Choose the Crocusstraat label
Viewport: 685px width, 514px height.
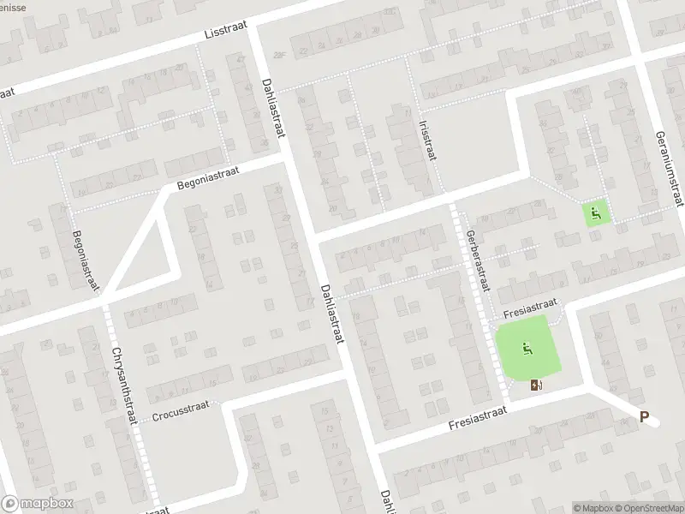(x=182, y=415)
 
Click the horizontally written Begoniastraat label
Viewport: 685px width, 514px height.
(x=206, y=177)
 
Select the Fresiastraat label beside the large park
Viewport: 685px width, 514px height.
(x=530, y=305)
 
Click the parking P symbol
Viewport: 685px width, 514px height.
(x=645, y=418)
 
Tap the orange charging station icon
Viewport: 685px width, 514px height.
(x=537, y=385)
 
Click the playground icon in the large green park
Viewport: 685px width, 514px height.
(x=527, y=347)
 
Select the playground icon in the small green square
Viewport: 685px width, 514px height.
(x=596, y=211)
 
